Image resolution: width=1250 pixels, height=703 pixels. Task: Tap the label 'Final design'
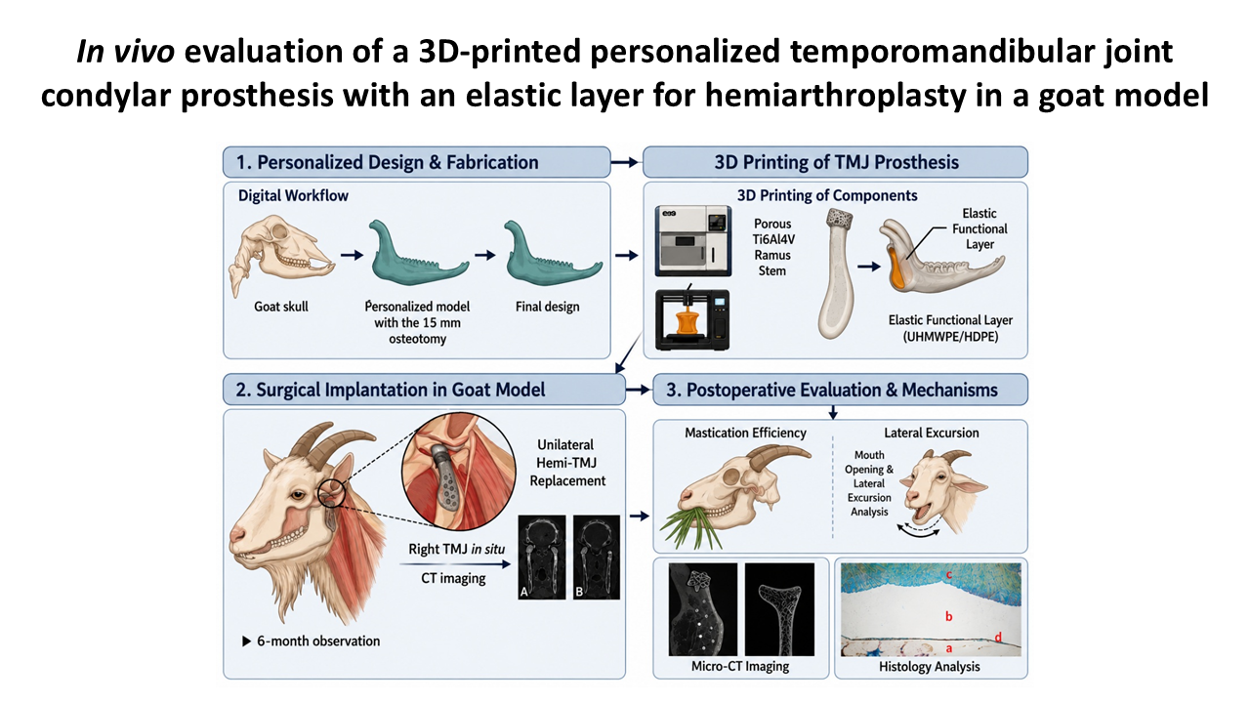pos(548,307)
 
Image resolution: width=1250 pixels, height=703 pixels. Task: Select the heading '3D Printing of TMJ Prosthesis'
pos(837,162)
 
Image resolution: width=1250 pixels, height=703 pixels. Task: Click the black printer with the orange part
pos(692,319)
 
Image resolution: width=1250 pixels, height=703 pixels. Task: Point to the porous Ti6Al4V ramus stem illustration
pos(837,273)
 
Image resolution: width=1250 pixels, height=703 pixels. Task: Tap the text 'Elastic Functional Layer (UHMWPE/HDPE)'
pos(950,328)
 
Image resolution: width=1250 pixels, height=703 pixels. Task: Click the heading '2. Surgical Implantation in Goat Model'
pos(390,390)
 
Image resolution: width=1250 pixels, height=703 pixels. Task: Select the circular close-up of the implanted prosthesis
pos(459,471)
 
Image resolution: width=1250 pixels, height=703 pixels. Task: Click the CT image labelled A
pos(542,557)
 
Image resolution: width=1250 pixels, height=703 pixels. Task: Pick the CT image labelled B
pos(597,557)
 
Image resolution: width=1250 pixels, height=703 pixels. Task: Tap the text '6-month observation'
pos(318,641)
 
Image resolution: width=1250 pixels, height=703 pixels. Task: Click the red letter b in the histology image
pos(948,616)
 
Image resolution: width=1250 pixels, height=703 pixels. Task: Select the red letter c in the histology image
pos(948,575)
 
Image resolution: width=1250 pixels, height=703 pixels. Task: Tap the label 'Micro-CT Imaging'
pos(740,666)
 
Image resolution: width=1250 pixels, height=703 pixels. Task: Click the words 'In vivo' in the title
pos(126,52)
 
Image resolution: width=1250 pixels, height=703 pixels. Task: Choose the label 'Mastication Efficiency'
pos(745,433)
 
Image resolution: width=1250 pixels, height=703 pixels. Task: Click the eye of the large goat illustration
pos(298,495)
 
